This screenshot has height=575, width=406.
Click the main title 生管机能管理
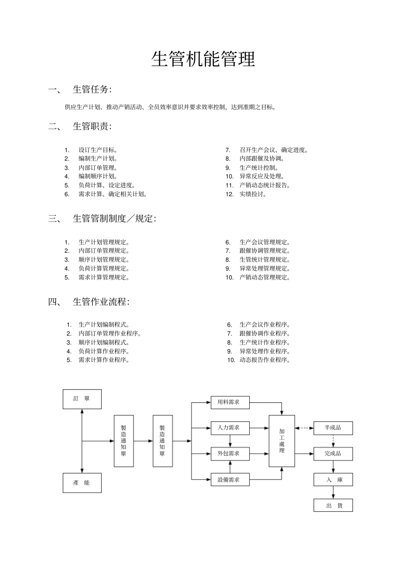pyautogui.click(x=203, y=59)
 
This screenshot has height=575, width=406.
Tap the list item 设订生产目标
pyautogui.click(x=98, y=150)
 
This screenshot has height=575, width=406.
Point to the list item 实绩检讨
pyautogui.click(x=253, y=194)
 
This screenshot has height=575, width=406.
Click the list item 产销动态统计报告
pyautogui.click(x=265, y=185)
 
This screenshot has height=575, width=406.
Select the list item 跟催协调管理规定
pyautogui.click(x=265, y=251)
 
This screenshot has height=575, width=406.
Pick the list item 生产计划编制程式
pyautogui.click(x=104, y=324)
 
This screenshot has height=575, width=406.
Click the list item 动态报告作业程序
pyautogui.click(x=265, y=360)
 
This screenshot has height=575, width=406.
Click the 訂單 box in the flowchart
pyautogui.click(x=82, y=399)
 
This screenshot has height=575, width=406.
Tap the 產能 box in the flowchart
pyautogui.click(x=82, y=483)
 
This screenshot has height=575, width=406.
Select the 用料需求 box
pyautogui.click(x=230, y=402)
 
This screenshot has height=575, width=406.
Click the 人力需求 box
pyautogui.click(x=230, y=428)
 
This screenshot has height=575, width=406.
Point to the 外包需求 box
pyautogui.click(x=230, y=454)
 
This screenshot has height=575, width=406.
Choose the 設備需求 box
pyautogui.click(x=230, y=480)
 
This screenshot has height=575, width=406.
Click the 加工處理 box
pyautogui.click(x=282, y=441)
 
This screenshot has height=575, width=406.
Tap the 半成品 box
pyautogui.click(x=333, y=428)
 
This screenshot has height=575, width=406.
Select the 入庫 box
pyautogui.click(x=333, y=480)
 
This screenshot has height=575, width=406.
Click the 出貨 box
pyautogui.click(x=333, y=505)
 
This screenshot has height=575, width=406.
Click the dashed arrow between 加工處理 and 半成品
pyautogui.click(x=304, y=428)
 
